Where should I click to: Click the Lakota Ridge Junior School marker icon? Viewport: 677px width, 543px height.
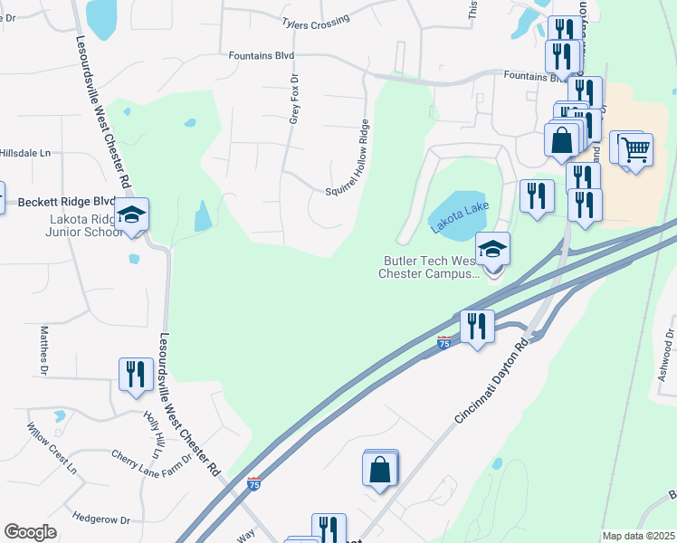[132, 215]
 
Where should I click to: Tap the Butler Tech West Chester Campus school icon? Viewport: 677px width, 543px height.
[492, 249]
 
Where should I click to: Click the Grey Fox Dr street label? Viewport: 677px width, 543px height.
[293, 100]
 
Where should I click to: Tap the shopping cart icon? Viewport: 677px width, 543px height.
[635, 148]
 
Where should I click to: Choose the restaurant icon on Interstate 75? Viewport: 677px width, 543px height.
[476, 326]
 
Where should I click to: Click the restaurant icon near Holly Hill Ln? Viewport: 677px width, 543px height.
[136, 374]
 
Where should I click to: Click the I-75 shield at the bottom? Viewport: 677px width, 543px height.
[254, 485]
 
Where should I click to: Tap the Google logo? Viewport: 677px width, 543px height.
[30, 532]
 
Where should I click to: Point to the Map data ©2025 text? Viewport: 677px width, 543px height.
[637, 536]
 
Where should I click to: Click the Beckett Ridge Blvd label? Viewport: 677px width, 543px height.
[68, 202]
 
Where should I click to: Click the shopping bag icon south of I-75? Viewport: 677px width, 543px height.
[379, 470]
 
